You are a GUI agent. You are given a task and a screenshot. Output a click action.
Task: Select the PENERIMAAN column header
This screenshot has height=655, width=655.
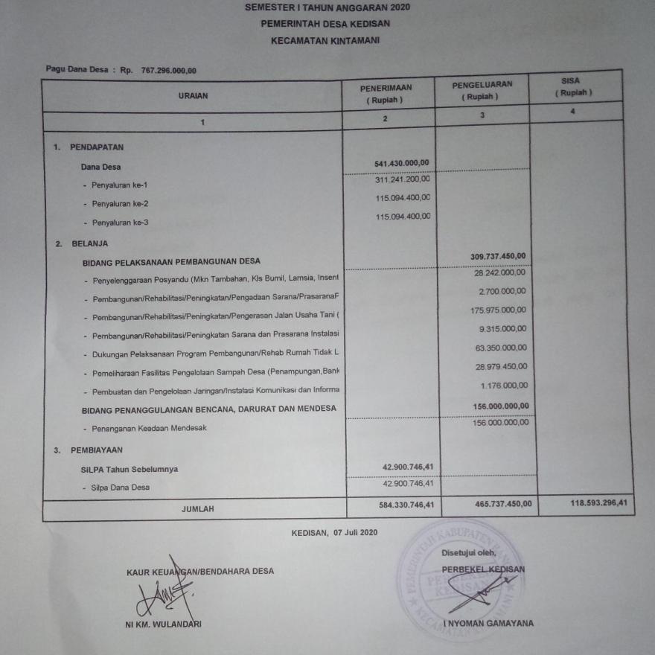coord(386,93)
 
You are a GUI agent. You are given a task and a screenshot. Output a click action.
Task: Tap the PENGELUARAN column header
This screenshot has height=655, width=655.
coord(482,90)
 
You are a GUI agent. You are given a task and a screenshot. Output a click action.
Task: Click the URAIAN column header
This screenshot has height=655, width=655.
coord(194,95)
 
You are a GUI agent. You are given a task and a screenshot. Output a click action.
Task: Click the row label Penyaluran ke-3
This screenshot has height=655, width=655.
coord(120,223)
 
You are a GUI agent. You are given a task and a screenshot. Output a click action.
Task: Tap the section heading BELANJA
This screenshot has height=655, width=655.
coord(90,243)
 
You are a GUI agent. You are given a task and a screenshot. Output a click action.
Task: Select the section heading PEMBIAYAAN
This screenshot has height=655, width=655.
coord(97,450)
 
